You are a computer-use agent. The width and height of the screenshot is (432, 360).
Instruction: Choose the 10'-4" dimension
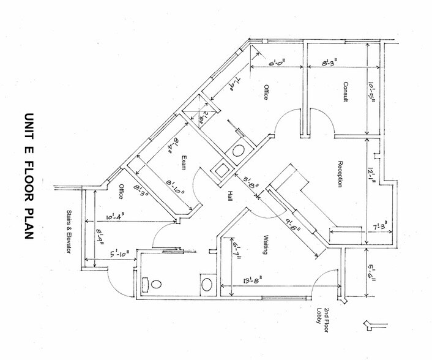coord(114,216)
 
